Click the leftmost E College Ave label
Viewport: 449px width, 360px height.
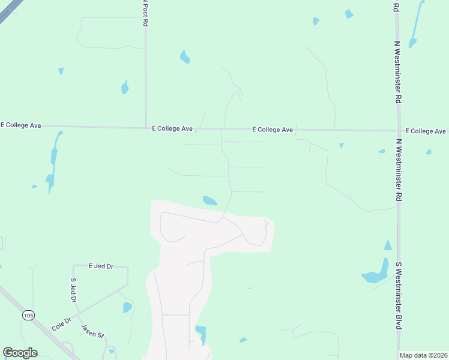point(21,125)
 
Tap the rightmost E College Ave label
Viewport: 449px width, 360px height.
point(426,131)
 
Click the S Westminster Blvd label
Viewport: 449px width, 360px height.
point(398,295)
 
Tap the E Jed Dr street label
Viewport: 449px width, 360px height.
point(101,266)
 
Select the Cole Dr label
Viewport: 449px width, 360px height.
point(62,324)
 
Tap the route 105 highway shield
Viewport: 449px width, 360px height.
point(28,315)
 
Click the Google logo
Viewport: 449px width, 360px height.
point(20,353)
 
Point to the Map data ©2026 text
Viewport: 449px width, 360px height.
point(424,355)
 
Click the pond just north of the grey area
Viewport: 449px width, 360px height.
point(209,200)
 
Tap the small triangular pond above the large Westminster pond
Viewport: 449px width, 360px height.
point(388,245)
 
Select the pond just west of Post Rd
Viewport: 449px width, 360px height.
point(125,88)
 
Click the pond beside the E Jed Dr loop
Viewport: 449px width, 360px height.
point(127,308)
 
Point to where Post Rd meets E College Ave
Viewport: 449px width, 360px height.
point(146,127)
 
